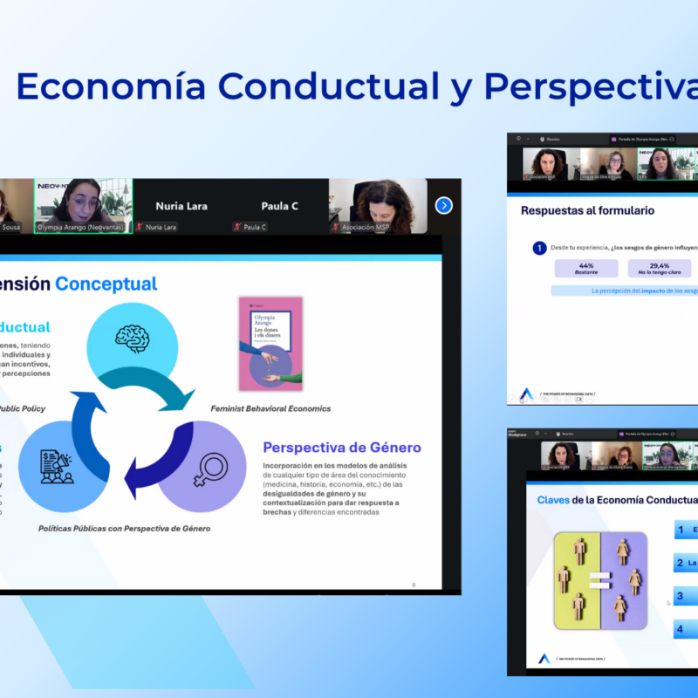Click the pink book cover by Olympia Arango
[x=270, y=343]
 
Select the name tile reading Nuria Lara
[x=181, y=207]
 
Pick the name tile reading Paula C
[x=279, y=207]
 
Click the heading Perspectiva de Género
[x=342, y=448]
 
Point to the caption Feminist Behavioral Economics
[x=270, y=408]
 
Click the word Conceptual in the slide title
[x=106, y=284]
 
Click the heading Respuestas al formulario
[x=587, y=210]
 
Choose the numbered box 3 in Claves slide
[x=686, y=597]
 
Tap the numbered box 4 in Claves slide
[x=686, y=629]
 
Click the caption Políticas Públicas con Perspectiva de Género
[x=124, y=529]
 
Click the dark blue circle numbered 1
[x=540, y=249]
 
